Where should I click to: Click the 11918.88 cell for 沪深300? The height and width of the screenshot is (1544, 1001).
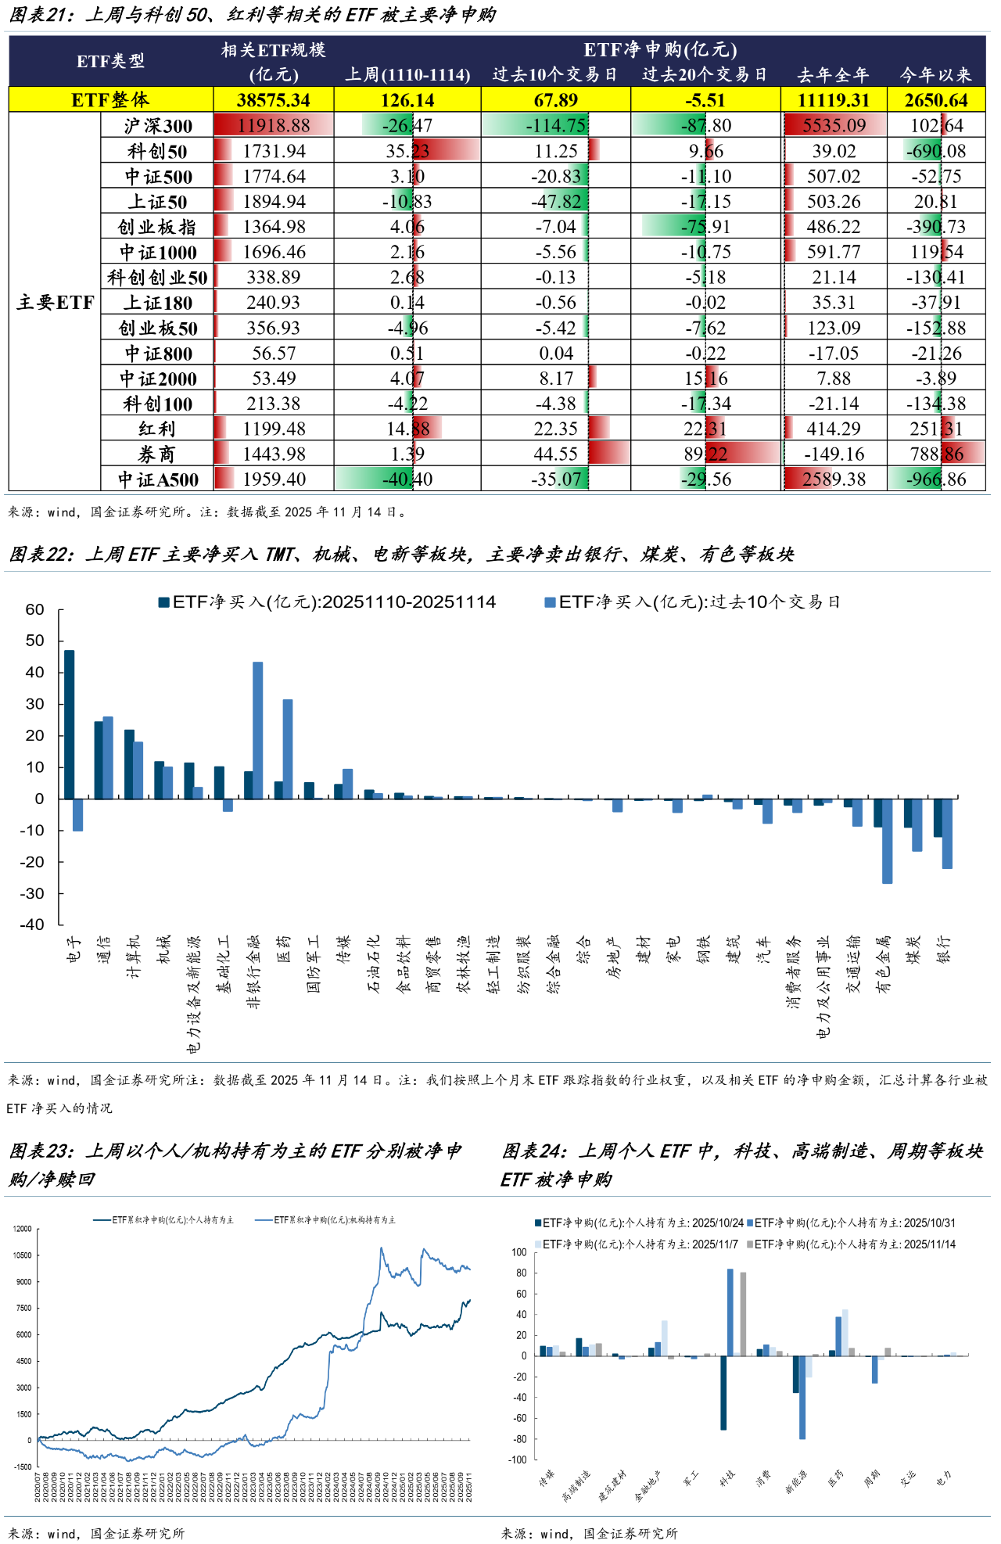[274, 125]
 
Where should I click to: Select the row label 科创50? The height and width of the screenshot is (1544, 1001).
[157, 151]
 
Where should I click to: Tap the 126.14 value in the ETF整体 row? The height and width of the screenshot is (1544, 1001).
[407, 100]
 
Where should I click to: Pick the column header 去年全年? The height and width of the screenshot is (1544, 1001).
[833, 74]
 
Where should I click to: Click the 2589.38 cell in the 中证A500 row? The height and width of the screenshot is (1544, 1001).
[834, 479]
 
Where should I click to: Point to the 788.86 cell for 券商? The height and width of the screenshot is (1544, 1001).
[937, 454]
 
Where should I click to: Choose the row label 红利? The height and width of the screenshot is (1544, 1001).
[157, 429]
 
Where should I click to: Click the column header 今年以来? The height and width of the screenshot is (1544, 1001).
[936, 74]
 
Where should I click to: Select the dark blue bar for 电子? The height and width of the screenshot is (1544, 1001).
[70, 724]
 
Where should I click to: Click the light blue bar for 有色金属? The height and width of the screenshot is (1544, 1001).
[887, 841]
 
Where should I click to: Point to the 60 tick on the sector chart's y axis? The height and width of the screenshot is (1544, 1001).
[35, 609]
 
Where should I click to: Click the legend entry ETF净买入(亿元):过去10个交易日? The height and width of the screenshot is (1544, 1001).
[692, 601]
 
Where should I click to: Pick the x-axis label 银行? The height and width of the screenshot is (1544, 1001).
[944, 950]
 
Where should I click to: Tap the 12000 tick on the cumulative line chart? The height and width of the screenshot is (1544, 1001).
[23, 1229]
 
